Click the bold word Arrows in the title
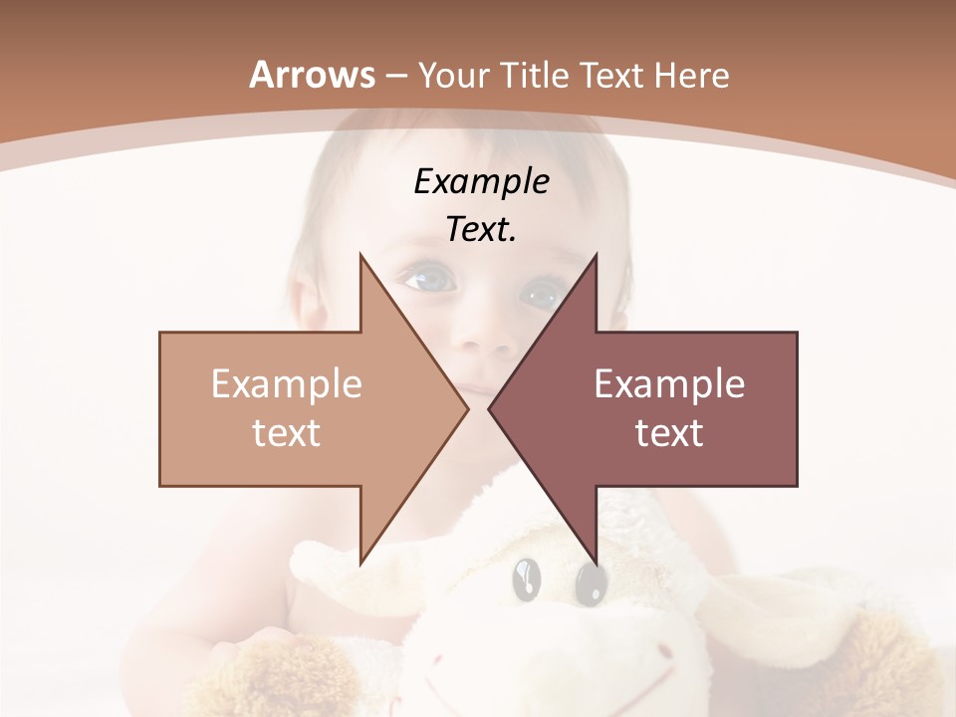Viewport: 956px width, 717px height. coord(312,75)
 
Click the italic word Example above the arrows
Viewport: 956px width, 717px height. coord(481,182)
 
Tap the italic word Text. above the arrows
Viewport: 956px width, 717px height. coord(481,230)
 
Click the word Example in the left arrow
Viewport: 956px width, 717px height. coord(286,384)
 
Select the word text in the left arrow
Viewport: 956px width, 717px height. coord(286,433)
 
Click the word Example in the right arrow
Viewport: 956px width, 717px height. coord(669,384)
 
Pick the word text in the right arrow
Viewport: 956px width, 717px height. coord(669,433)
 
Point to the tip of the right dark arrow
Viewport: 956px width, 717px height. coord(490,408)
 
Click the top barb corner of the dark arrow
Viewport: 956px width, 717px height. coord(596,255)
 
